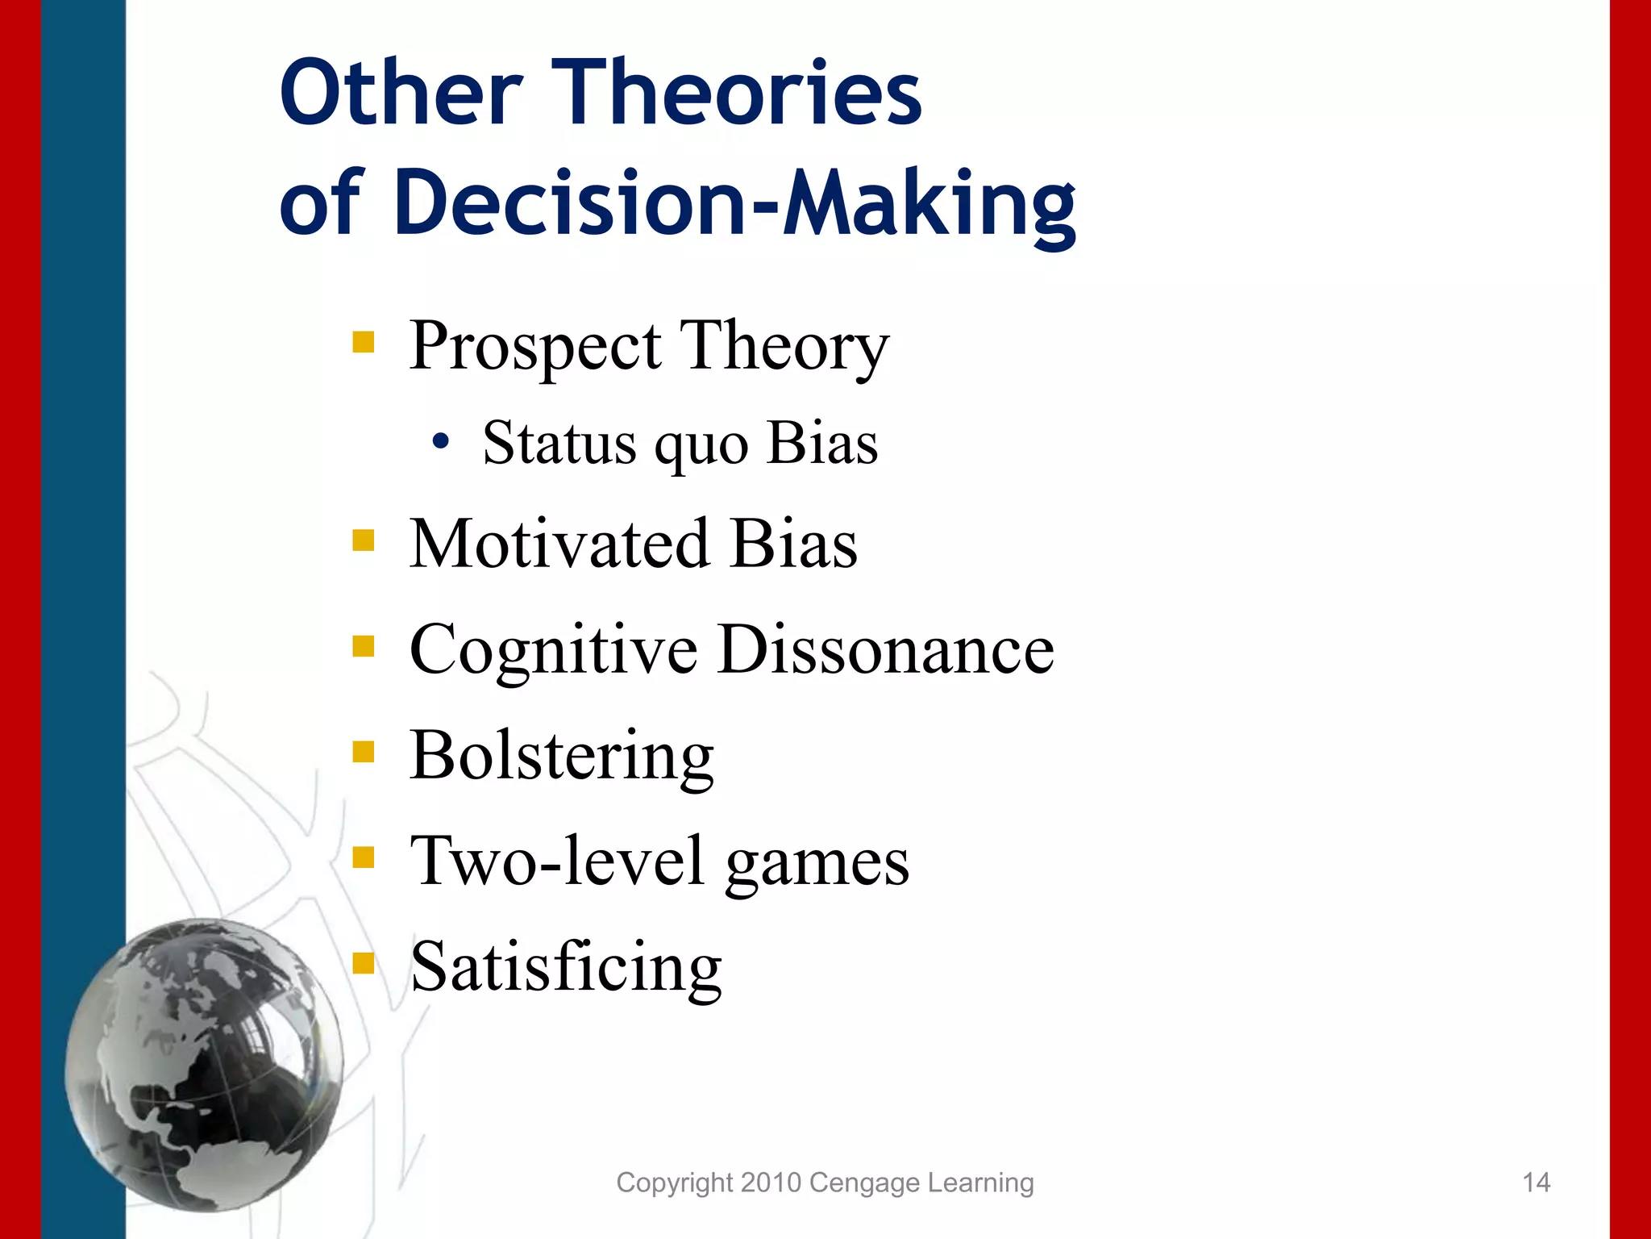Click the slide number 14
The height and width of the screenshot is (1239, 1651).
(x=1536, y=1183)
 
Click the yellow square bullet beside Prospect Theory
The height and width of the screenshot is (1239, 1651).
(x=364, y=342)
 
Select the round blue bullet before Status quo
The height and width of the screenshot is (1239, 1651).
(x=440, y=442)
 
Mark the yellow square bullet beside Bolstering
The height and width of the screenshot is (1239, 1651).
(x=364, y=752)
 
